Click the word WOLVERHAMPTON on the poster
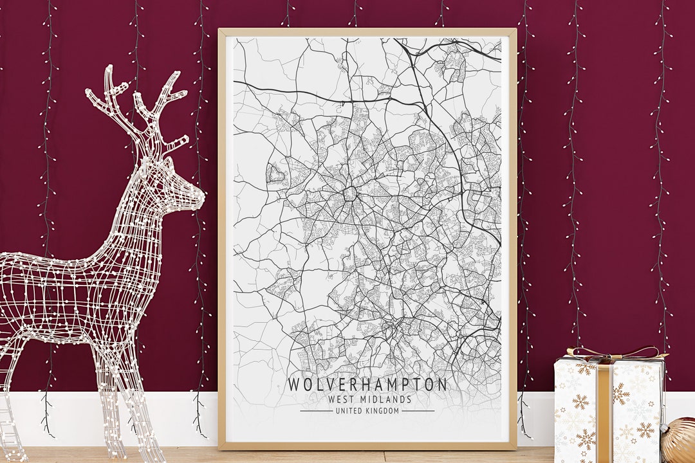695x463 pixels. pos(367,385)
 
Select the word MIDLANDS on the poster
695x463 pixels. pos(384,399)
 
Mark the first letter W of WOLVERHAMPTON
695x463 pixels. pos(293,385)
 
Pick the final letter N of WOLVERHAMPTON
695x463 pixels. pos(441,385)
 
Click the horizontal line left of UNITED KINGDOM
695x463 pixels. pos(316,411)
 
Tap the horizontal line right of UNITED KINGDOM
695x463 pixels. pos(418,411)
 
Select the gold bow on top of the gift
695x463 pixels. pos(611,352)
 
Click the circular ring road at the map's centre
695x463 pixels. pos(351,193)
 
